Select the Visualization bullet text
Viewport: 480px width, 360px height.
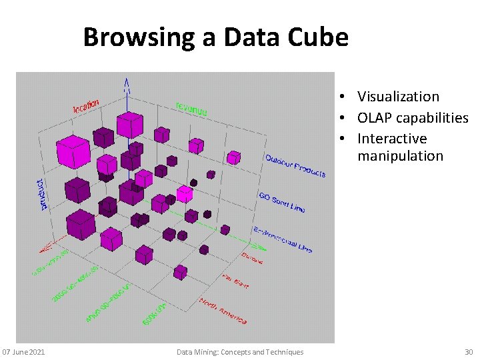(x=398, y=97)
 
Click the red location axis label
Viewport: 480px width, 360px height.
(x=86, y=105)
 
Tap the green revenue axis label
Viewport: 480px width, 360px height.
(x=191, y=109)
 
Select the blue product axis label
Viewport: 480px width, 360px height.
(x=43, y=194)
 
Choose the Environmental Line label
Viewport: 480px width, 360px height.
(x=283, y=240)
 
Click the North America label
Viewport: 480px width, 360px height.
(x=223, y=311)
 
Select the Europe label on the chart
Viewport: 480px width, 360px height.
(x=252, y=257)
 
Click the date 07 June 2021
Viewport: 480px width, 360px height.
(x=23, y=352)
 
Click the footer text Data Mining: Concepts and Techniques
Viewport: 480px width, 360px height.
(x=240, y=352)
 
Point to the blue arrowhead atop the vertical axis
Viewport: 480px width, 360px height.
(x=126, y=83)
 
